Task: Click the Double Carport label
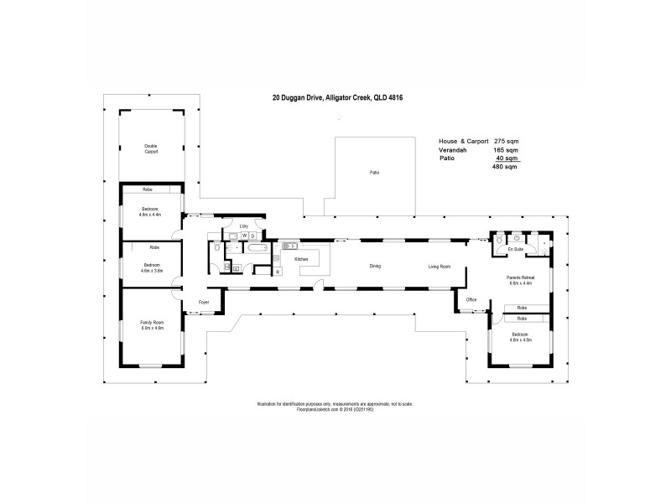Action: [151, 149]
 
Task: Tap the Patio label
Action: [375, 172]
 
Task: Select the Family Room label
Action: [152, 324]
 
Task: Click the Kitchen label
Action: [302, 260]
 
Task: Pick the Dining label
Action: [375, 267]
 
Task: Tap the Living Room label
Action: [440, 267]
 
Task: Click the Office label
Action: [471, 299]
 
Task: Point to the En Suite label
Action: [516, 250]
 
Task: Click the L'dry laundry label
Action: [243, 226]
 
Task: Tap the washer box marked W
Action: [244, 236]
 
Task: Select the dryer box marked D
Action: [252, 236]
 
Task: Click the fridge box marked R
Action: [277, 272]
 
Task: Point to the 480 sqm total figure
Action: [504, 168]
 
